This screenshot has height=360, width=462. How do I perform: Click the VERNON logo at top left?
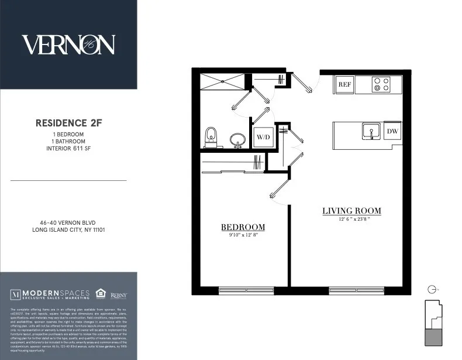pos(68,44)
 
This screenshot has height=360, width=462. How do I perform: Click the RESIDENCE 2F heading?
pos(68,123)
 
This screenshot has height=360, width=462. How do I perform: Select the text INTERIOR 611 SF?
pos(68,149)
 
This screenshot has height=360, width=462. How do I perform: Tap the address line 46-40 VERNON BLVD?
pos(68,222)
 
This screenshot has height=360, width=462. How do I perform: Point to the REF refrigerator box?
pos(344,85)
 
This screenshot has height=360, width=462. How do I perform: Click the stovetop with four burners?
pos(382,85)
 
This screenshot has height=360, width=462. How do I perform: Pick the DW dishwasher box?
pos(392,131)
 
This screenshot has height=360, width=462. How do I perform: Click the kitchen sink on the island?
pos(369,131)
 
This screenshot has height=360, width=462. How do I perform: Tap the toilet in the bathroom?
pos(211,137)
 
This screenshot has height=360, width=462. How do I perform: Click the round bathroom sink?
pos(237,140)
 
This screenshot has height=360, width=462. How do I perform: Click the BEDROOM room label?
pos(242,227)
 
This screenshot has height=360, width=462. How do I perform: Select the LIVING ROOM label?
pos(351,211)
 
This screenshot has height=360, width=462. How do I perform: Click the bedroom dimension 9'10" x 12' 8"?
pos(242,236)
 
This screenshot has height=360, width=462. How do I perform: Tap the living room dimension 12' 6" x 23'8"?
pos(351,220)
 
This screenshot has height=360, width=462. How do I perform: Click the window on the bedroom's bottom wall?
pos(246,290)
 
